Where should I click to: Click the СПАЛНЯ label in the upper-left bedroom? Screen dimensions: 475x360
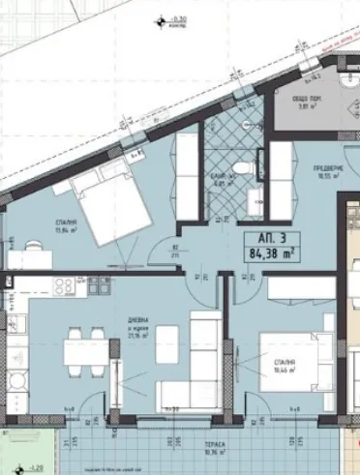(x=65, y=223)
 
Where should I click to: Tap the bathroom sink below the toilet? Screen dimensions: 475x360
(x=255, y=198)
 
